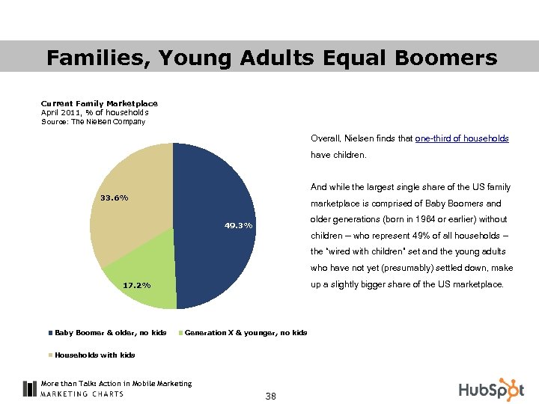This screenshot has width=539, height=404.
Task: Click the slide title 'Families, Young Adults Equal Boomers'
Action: coord(271,58)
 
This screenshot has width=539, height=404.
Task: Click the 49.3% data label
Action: coord(239,225)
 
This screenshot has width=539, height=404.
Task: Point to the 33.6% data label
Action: coord(114,198)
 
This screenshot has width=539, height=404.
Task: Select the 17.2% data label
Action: coord(136,285)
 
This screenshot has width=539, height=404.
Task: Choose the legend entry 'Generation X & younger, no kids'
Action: coord(245,332)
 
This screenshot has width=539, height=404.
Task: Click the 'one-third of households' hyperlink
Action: coord(461,139)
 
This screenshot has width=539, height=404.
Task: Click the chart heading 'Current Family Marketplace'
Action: coord(99,103)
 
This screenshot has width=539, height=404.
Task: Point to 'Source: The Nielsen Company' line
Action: coord(93,121)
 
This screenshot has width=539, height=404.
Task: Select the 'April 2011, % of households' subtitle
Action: coord(89,112)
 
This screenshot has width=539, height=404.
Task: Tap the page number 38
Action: coord(270,396)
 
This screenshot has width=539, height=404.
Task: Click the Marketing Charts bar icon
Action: coord(29,388)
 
